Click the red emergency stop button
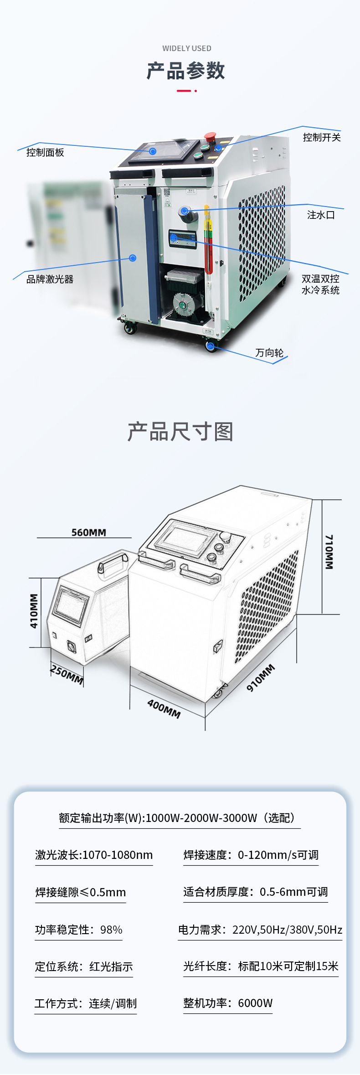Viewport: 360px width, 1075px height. coord(210,137)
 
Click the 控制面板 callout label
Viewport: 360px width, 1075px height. coord(45,153)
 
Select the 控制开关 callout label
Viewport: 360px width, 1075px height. coord(322,138)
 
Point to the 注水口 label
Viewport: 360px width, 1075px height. coord(321,215)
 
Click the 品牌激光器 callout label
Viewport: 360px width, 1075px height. coord(50,279)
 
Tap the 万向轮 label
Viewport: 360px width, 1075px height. coord(269,353)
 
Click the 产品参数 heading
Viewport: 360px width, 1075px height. coord(186,71)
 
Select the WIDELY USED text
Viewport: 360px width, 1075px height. coord(187,48)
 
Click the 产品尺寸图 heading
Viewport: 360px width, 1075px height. coord(180,432)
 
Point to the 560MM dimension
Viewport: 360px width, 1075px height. coord(89,532)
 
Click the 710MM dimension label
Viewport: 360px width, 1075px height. coord(329,552)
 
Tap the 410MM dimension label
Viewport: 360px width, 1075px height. coord(34,611)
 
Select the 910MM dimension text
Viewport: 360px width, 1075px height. coord(261,677)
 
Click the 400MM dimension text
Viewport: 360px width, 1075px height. coord(164,708)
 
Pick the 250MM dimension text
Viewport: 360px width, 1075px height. coord(67,675)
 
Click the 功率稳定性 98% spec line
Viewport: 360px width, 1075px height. coord(79,930)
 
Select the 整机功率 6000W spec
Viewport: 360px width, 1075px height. coord(228,1003)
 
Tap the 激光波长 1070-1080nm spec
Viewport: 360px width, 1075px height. coord(94,855)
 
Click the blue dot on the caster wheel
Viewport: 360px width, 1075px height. coord(211,346)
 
